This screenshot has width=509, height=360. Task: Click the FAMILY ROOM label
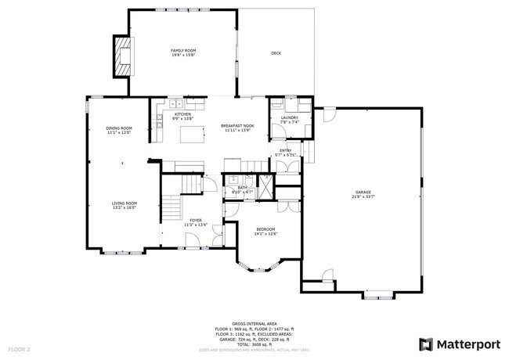182,51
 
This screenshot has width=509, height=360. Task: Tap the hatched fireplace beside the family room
123,56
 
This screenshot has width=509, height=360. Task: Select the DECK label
276,53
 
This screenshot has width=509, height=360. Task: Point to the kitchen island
192,135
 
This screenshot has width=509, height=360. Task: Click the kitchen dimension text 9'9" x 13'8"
182,119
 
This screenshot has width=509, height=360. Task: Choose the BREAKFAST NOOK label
237,125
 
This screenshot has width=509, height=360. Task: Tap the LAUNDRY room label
290,117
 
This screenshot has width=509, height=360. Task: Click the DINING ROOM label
119,128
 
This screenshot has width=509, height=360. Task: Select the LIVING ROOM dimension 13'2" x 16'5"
124,208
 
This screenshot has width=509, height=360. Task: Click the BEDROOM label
265,229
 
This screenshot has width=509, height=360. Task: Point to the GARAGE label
363,192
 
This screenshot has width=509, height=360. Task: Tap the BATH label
242,187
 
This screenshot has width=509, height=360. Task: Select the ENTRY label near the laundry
286,150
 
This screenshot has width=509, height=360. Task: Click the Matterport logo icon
425,344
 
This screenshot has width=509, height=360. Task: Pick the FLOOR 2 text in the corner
20,348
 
